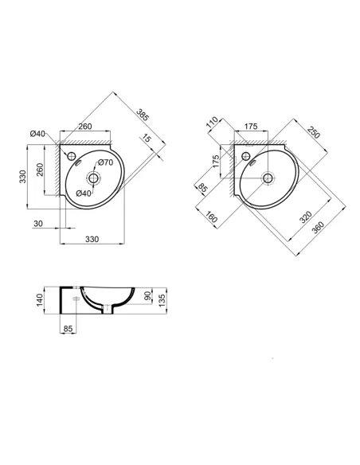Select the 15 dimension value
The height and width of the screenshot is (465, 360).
pos(147,139)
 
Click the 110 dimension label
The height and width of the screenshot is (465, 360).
pos(212,123)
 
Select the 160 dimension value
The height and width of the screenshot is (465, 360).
pos(212,217)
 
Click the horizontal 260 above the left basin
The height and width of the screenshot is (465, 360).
pos(86,126)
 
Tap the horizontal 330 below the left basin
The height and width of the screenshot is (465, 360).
pos(92,238)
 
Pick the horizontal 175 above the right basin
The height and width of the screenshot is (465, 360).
pos(251,126)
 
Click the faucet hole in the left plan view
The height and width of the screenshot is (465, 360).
pos(70,155)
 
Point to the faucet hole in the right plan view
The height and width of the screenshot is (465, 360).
pos(246,154)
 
